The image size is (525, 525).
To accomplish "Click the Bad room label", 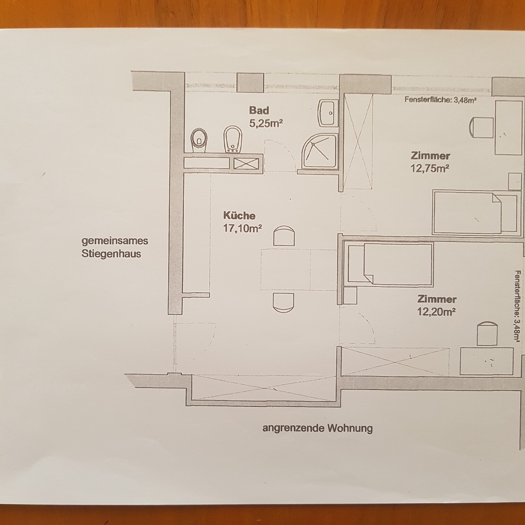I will point(259,111).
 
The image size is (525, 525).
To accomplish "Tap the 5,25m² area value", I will point(266,124).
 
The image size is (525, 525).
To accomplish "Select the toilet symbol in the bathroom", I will point(199,140).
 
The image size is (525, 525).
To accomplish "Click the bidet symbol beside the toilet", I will point(233,139).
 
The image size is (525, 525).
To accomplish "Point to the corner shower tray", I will point(320,152).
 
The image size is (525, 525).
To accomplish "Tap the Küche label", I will point(239,216).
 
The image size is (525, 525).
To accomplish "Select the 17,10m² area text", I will point(242,228).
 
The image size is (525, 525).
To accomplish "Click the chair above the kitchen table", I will point(284,236).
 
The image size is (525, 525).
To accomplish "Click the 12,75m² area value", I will point(429,168).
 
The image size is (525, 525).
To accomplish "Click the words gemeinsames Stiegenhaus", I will point(115,247).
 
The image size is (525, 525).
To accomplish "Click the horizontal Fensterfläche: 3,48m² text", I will point(440,100).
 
